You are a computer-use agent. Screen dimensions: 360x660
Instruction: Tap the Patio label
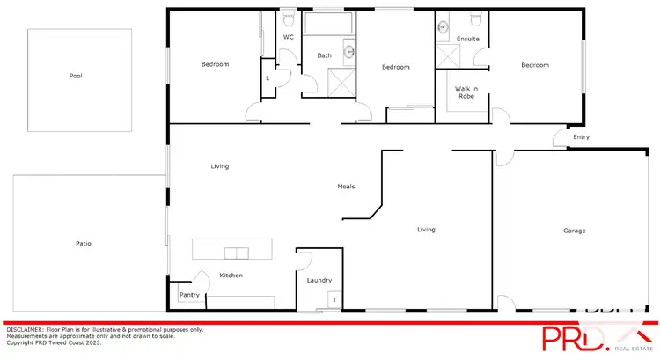[83, 243]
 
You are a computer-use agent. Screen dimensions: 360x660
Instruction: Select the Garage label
[575, 231]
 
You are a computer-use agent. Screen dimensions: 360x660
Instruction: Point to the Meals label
[347, 187]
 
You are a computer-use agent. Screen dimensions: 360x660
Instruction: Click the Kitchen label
[231, 276]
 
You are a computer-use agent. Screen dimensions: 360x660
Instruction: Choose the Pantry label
[188, 295]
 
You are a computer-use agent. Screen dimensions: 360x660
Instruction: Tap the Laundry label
[319, 281]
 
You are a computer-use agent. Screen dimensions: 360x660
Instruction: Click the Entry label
[581, 137]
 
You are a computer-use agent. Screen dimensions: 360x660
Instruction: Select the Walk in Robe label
[465, 92]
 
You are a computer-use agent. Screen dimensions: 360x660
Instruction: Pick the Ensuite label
[467, 40]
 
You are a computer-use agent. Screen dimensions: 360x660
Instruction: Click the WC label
[288, 37]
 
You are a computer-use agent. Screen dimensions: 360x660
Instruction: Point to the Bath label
[325, 56]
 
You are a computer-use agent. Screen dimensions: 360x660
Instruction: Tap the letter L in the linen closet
[268, 78]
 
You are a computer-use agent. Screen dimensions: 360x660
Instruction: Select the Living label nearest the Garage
[426, 230]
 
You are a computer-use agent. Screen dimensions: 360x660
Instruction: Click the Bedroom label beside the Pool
[215, 65]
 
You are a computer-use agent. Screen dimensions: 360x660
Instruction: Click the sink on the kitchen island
[236, 253]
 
